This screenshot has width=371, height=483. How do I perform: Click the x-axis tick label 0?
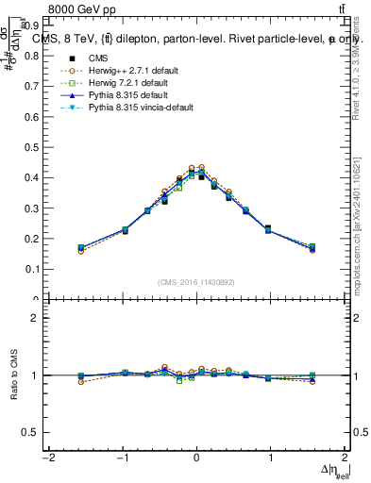(196, 458)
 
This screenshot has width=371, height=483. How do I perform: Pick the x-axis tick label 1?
(271, 458)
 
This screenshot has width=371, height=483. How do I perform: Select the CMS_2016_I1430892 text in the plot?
(195, 282)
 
